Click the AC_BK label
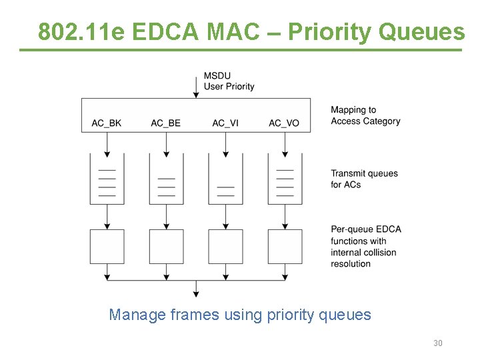(x=107, y=123)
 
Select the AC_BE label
(x=165, y=123)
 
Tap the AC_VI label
(x=225, y=123)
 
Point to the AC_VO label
(x=284, y=123)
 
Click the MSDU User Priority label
(x=229, y=81)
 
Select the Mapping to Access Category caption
(x=365, y=115)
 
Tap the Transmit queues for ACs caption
(x=364, y=179)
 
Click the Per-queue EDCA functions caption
(x=366, y=246)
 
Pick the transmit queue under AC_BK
(x=107, y=179)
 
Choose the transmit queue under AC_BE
(x=166, y=179)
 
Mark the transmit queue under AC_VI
(x=225, y=179)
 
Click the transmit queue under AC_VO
(x=285, y=179)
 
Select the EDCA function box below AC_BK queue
(x=107, y=246)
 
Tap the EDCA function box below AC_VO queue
(x=285, y=246)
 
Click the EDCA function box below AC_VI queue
(x=225, y=246)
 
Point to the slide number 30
(x=438, y=343)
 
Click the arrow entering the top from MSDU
(x=195, y=87)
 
